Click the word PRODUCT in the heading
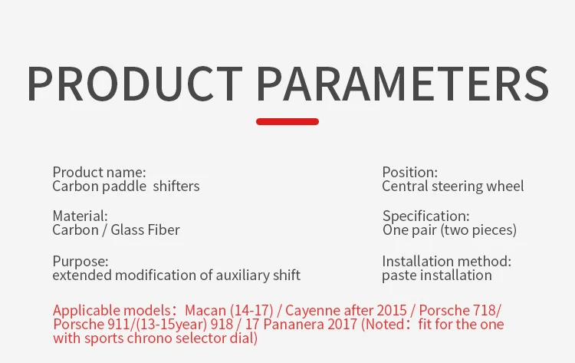(134, 84)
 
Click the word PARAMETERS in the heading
(402, 84)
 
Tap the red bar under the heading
(287, 121)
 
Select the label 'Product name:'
(99, 172)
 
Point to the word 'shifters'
(176, 186)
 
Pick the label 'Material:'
(80, 216)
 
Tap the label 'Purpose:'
(80, 262)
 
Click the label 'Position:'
(409, 172)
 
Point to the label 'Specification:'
(426, 216)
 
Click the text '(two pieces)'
(478, 230)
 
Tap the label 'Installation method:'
(446, 262)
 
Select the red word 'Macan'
(205, 311)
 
